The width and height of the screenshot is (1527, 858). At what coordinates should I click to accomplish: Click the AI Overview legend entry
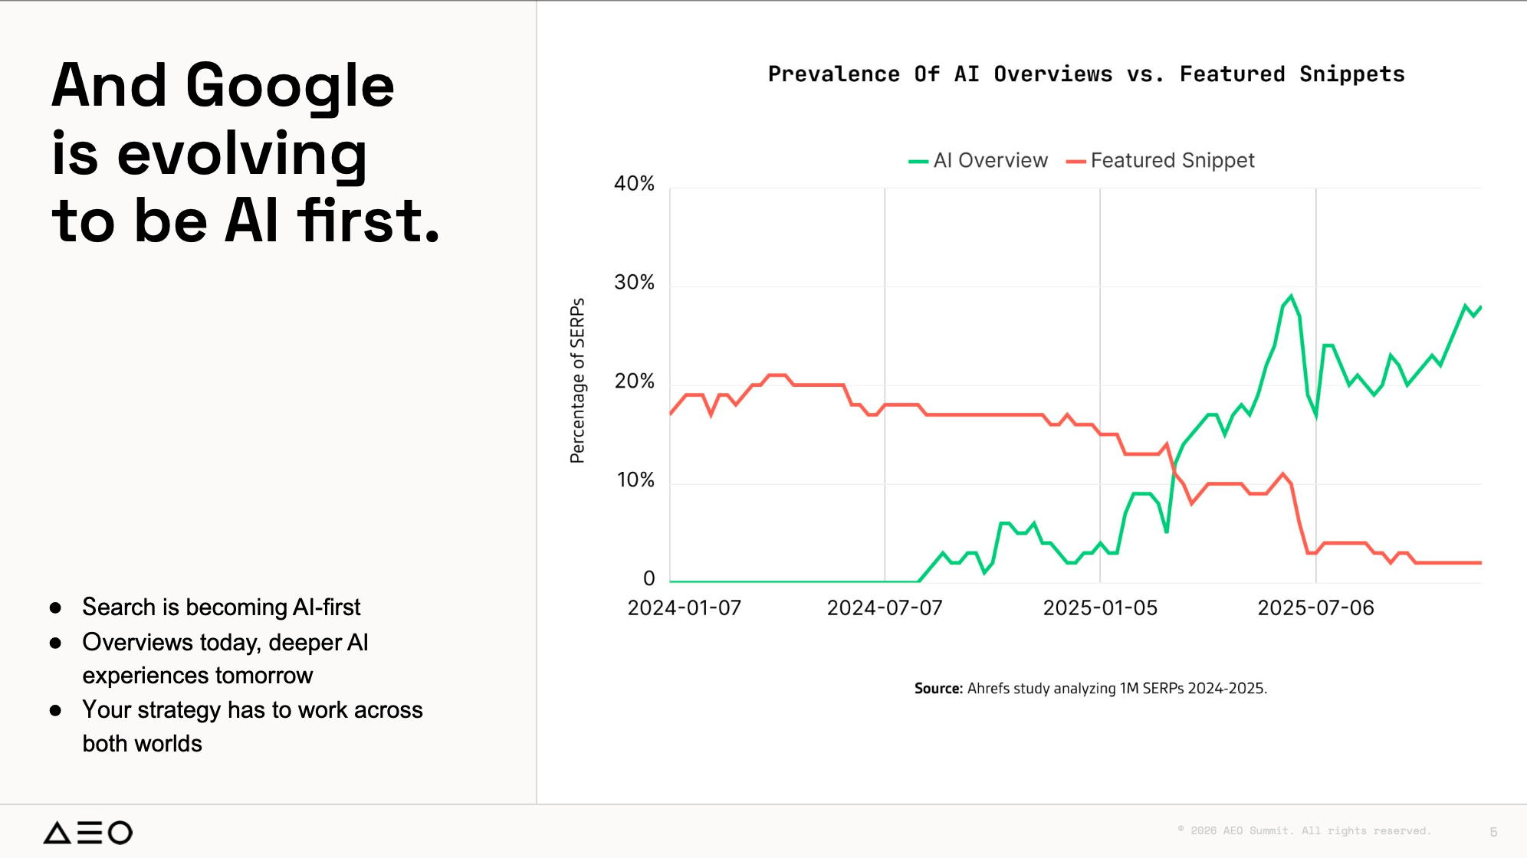point(977,160)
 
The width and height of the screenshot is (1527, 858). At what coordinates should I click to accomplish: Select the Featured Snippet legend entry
point(1160,160)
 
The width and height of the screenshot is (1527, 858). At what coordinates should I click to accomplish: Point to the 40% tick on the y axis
point(634,184)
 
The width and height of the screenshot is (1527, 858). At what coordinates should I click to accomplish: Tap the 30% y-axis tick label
point(634,283)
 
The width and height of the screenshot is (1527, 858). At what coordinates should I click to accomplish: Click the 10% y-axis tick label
point(635,480)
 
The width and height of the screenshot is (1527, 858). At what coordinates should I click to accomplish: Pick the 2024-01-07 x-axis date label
point(685,608)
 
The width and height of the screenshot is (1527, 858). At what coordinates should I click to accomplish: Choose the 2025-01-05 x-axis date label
point(1100,608)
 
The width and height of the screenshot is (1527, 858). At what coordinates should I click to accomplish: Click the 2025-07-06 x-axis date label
point(1315,608)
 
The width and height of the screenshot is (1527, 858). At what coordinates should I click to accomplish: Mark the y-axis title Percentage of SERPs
point(577,381)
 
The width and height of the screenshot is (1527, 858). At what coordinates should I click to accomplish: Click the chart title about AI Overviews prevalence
point(1086,74)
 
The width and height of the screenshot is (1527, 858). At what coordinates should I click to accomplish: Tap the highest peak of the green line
point(1291,296)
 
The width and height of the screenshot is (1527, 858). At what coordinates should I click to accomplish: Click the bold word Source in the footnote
point(938,688)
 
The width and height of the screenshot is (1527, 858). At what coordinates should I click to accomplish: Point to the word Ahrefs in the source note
point(988,688)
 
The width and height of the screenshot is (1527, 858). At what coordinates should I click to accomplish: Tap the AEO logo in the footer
point(87,832)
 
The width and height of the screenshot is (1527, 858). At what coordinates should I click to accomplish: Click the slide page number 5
point(1493,832)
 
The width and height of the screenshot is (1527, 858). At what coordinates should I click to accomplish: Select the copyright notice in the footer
point(1304,830)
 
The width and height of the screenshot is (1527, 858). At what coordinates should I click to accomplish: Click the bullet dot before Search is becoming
point(55,608)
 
